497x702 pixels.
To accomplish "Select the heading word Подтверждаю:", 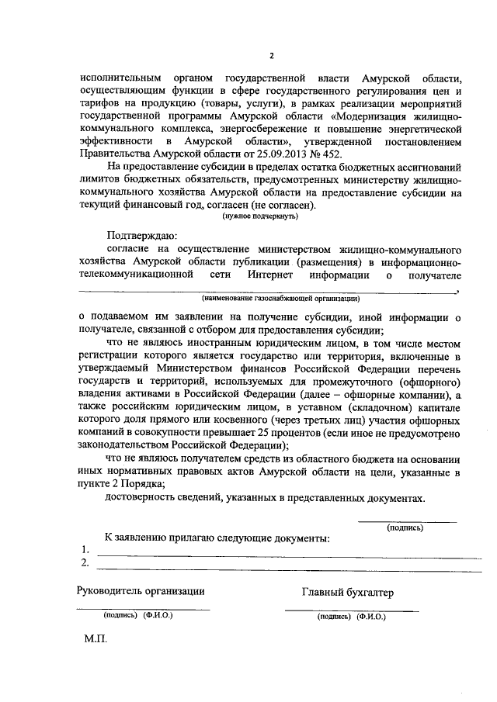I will pos(142,234).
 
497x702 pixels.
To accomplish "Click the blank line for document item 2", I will pos(287,567).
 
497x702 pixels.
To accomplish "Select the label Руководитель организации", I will pos(141,591).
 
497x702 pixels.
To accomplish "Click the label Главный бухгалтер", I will pos(347,593).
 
